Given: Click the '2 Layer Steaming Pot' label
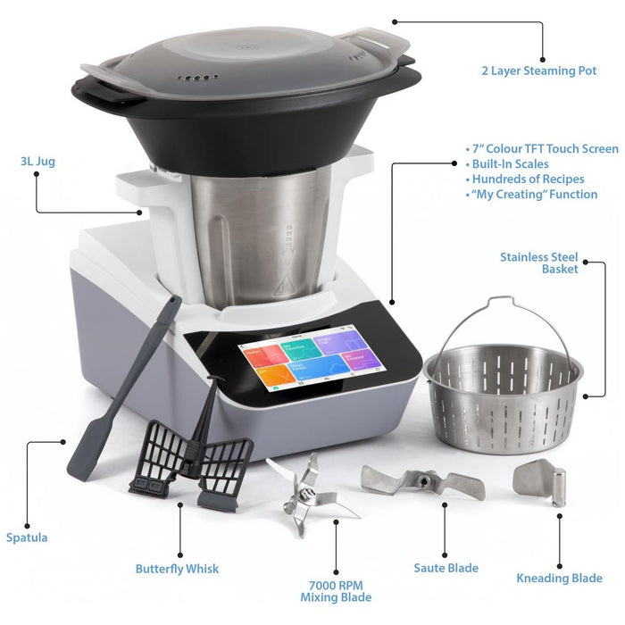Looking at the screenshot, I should [537, 71].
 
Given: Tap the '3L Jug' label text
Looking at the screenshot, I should [37, 162].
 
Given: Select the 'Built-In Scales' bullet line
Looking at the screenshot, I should [512, 163].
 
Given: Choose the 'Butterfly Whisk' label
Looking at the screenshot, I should [177, 568].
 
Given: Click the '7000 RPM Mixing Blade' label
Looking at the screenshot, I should [336, 590].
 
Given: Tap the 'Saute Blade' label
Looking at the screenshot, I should [446, 567].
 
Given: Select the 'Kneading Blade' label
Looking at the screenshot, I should [560, 578].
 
